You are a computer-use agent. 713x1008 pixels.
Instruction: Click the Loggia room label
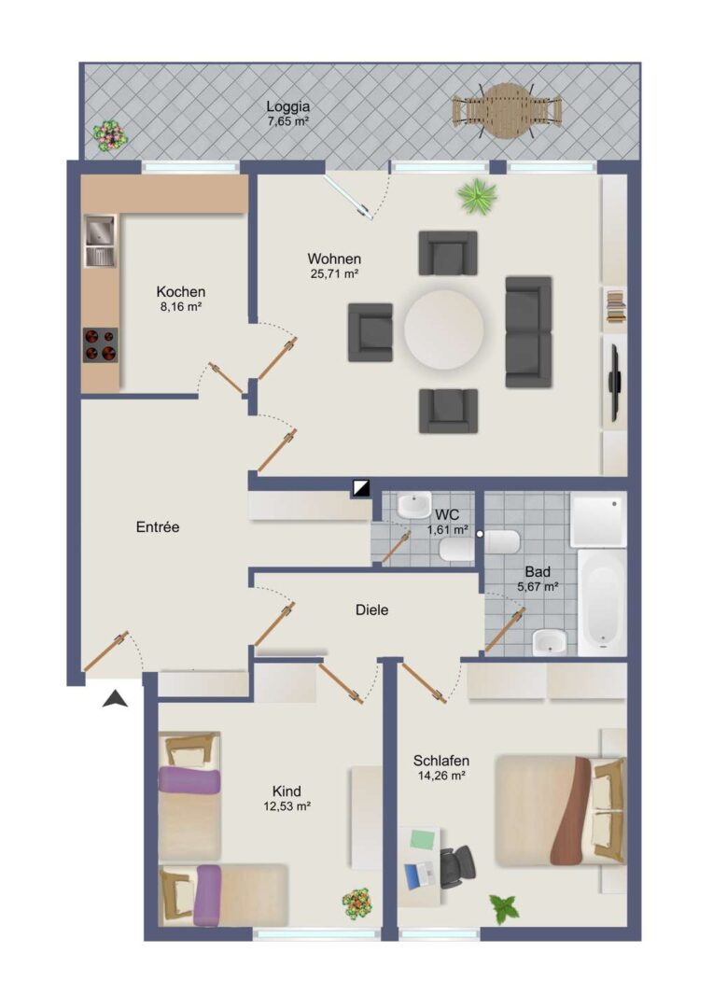click(288, 106)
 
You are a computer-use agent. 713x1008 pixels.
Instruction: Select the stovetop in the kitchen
click(100, 345)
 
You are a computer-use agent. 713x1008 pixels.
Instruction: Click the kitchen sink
click(100, 241)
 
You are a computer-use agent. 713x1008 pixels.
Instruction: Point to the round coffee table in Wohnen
click(443, 329)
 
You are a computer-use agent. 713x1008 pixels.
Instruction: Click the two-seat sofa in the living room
click(528, 331)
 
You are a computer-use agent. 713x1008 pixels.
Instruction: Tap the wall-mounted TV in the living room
click(614, 383)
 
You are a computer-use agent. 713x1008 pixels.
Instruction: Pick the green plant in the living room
click(477, 195)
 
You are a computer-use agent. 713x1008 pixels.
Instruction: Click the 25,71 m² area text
click(334, 273)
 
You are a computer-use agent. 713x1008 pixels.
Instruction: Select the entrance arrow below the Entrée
click(115, 699)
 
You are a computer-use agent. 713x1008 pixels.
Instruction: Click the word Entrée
click(158, 527)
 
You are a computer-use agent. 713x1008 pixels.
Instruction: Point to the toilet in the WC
click(456, 549)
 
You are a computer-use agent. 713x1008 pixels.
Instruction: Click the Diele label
click(371, 609)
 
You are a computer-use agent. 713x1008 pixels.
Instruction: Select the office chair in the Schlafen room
click(457, 865)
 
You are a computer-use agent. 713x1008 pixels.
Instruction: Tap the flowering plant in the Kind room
click(356, 903)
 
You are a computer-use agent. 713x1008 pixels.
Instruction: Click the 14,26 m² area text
click(441, 776)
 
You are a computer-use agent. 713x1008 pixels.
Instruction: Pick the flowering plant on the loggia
click(110, 135)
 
